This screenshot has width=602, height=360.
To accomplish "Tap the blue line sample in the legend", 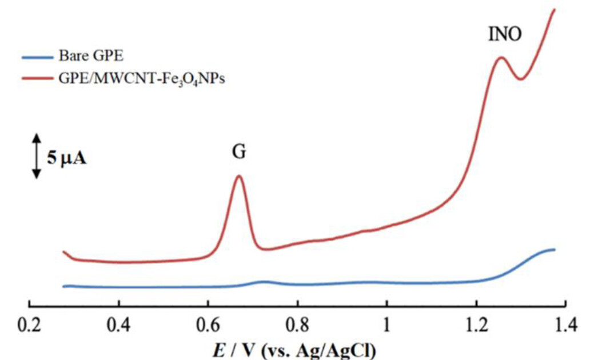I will click(37, 57).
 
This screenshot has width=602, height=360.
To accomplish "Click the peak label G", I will click(239, 152).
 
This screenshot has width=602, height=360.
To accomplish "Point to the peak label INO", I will click(505, 35).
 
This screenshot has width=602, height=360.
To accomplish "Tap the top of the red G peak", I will click(239, 176).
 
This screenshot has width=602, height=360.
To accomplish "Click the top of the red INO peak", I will click(501, 57).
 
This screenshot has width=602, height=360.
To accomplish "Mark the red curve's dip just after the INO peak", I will click(520, 79).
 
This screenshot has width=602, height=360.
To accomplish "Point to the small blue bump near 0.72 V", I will click(264, 281).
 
